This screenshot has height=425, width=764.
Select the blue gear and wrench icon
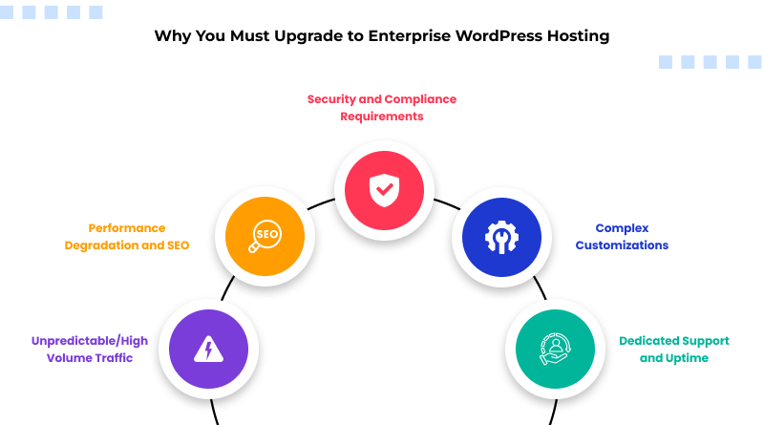point(501,236)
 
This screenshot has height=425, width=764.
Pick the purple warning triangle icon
point(208,350)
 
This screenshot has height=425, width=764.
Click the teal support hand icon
point(555,350)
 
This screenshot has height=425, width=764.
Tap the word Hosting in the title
point(575,37)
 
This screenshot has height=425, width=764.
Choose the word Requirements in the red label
point(382,117)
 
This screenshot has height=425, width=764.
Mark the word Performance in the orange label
point(127,228)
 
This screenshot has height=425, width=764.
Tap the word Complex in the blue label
point(622,228)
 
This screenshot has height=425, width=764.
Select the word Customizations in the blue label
point(622,245)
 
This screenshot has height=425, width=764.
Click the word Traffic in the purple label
point(113,358)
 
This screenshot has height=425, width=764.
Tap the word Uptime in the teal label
point(688,358)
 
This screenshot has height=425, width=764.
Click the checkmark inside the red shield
point(383,190)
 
